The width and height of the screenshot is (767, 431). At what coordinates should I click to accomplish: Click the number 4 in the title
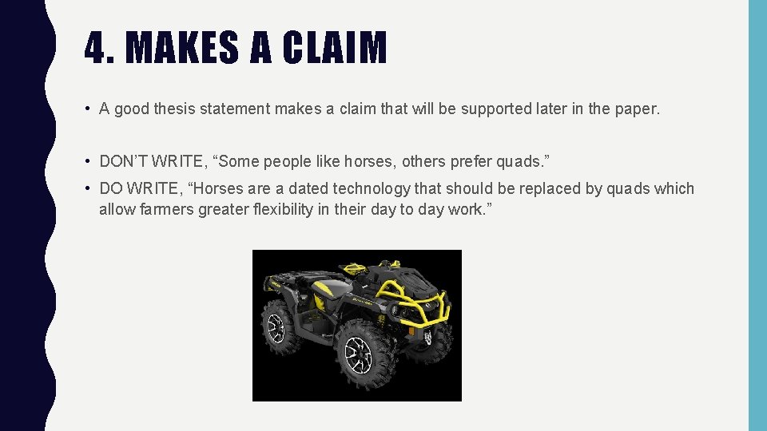[x=95, y=48]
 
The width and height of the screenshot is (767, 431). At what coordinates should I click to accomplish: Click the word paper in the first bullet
[x=634, y=109]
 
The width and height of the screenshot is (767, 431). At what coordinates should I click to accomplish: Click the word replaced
[x=549, y=189]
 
